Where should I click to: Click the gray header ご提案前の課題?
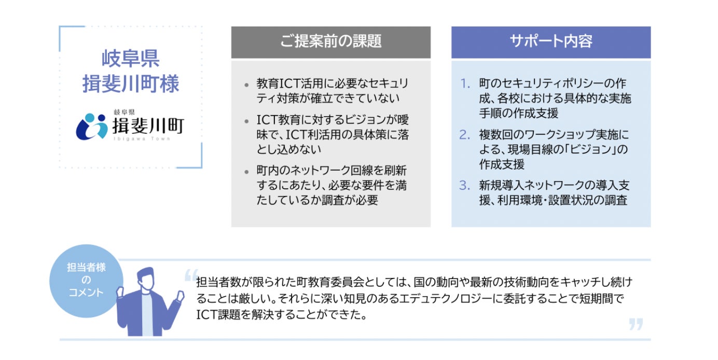(330, 42)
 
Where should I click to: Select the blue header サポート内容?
(550, 42)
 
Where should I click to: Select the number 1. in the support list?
(465, 84)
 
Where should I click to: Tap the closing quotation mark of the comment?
(636, 325)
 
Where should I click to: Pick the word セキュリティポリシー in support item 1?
(544, 84)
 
